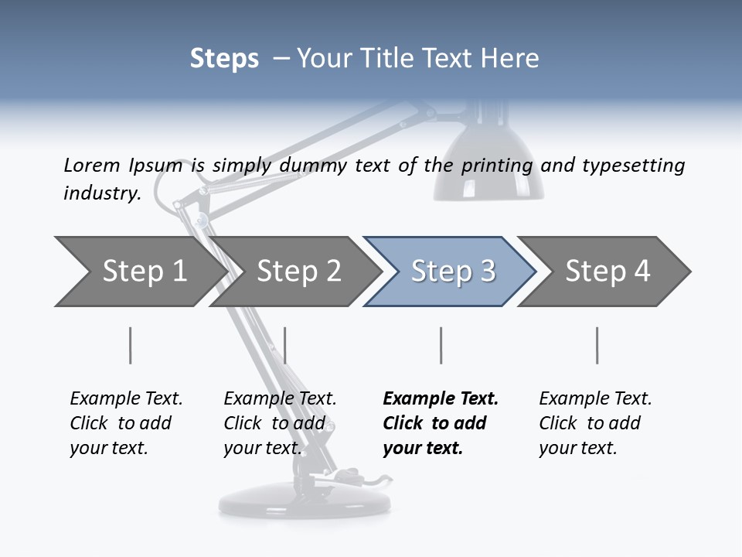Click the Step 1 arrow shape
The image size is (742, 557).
pos(139,272)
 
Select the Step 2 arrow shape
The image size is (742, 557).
pos(298,272)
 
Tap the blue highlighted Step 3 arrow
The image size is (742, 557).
pos(452,272)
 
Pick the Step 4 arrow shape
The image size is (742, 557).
pos(607,272)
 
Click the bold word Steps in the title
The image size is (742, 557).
pos(224,59)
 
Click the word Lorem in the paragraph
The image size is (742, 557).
pos(92,165)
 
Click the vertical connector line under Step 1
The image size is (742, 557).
pos(130,345)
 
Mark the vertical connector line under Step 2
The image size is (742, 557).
pos(285,345)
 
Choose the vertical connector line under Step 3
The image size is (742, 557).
pos(441,345)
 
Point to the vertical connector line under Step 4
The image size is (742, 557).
pos(597,345)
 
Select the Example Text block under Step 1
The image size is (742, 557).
pos(125,423)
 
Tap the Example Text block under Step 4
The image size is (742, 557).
pos(594,423)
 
